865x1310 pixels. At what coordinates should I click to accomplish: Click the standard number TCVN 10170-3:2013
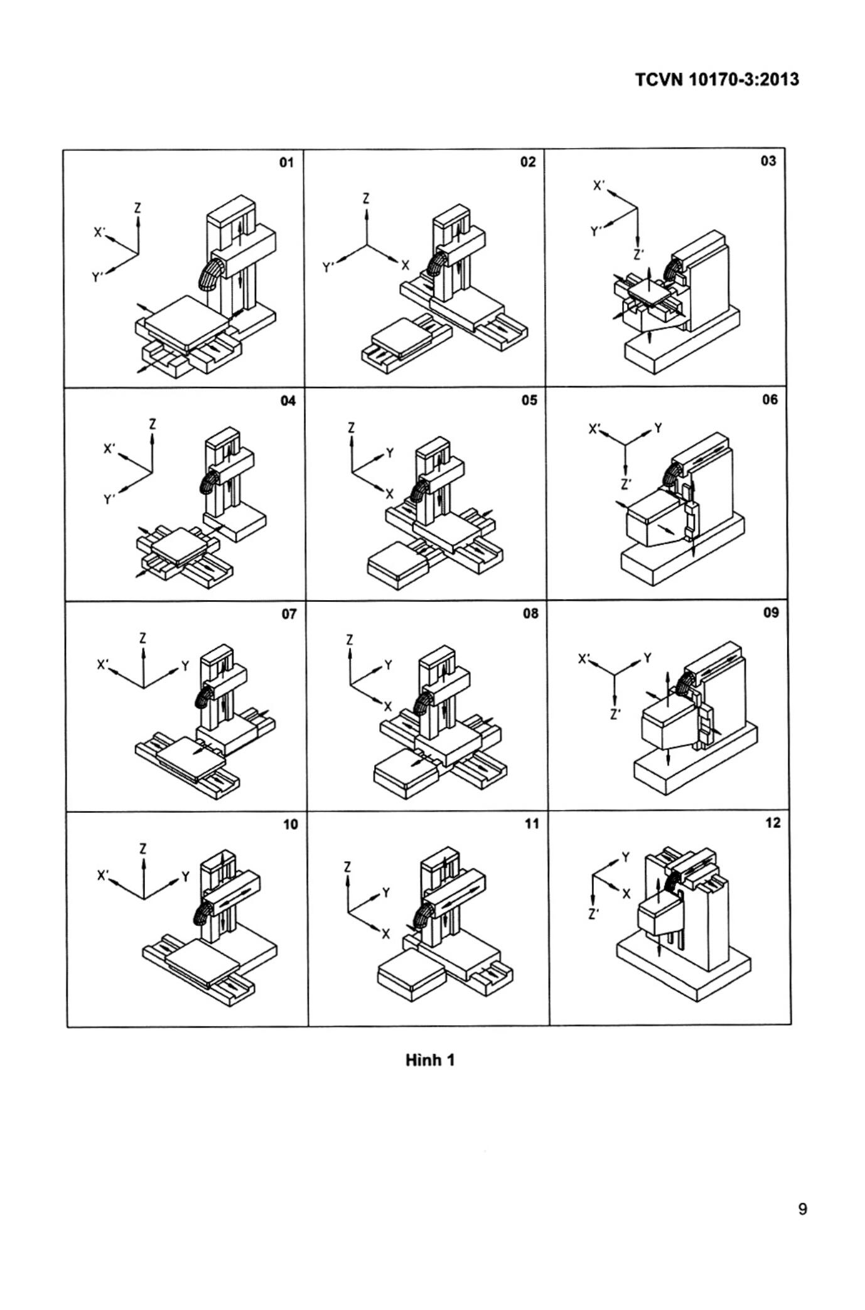coord(717,80)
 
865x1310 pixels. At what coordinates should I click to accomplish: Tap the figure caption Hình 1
coord(430,1060)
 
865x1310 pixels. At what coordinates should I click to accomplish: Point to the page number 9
coord(802,1209)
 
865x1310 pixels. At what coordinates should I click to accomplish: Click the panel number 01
coord(286,163)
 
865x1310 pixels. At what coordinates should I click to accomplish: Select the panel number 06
coord(770,400)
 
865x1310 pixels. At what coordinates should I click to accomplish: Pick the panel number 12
coord(773,823)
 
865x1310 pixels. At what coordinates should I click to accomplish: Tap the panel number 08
coord(530,613)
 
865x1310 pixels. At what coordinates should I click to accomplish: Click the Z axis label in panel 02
coord(366,199)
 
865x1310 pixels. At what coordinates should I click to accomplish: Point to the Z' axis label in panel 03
coord(638,255)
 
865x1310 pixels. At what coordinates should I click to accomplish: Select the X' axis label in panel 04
coord(110,449)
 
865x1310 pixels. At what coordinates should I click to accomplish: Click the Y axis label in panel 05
coord(390,453)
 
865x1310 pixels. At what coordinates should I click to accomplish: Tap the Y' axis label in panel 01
coord(97,277)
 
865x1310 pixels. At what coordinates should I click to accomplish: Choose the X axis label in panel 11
coord(386,934)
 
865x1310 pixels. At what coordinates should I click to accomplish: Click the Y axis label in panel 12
coord(625,857)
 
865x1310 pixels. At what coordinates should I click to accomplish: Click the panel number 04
coord(288,401)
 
